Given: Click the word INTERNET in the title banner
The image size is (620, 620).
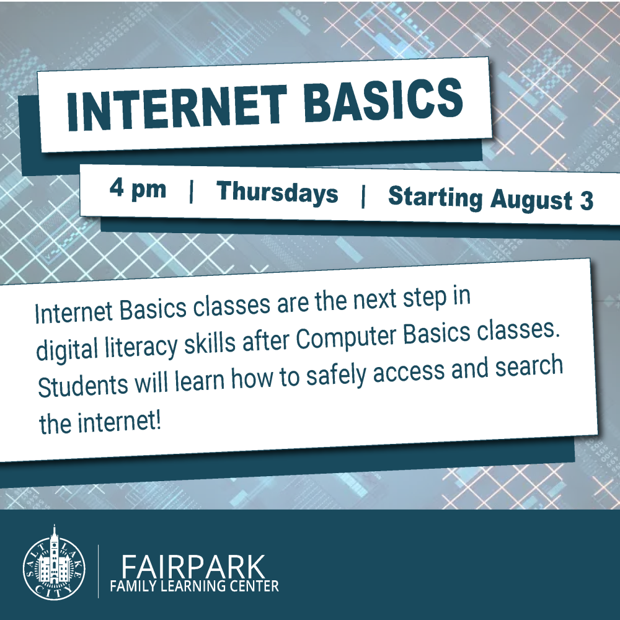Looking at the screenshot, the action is (177, 107).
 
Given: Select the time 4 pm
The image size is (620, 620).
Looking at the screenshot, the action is (138, 188).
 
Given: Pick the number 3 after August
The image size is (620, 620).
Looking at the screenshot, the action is (587, 200).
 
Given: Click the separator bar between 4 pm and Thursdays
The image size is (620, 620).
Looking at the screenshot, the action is (192, 191).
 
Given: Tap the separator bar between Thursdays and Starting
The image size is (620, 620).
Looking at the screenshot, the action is (363, 197).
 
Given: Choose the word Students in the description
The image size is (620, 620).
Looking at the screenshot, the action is (82, 385).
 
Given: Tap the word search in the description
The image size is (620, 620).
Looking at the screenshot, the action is (529, 366).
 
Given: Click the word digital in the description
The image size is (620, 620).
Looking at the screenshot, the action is (67, 349).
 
